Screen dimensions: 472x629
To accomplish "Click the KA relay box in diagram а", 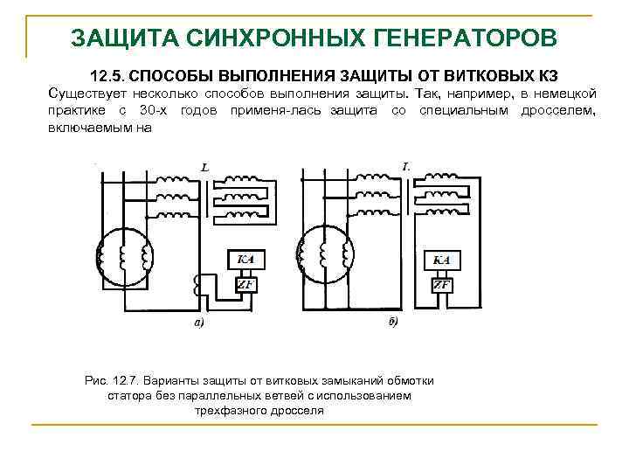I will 245,260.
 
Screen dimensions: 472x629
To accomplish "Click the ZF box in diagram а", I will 245,286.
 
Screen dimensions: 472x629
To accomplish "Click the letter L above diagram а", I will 204,166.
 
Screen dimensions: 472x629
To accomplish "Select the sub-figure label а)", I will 199,324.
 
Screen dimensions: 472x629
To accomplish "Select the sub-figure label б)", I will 392,324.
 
